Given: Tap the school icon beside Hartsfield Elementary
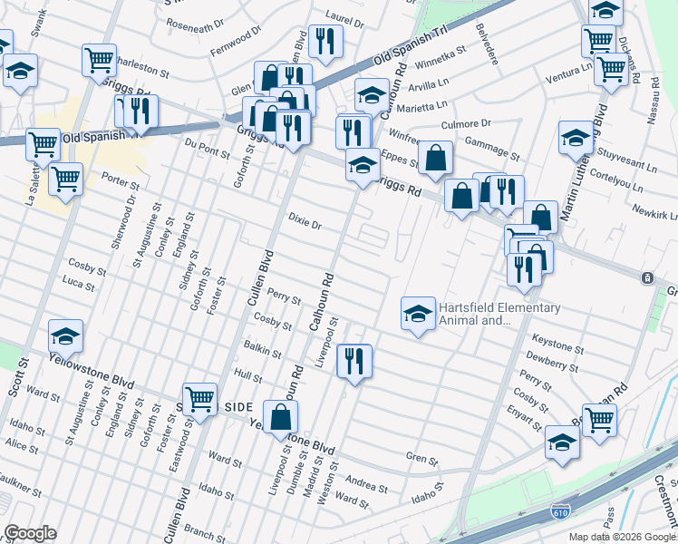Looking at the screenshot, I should point(417,314).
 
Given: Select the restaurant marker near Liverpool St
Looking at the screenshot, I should point(354,361).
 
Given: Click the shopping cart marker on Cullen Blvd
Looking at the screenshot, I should point(200,398).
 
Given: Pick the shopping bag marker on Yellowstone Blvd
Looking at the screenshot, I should point(281,417).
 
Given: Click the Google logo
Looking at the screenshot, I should point(30,532).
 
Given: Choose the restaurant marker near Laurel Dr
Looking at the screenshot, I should point(323,40).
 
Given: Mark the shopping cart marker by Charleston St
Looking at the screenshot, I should point(99,60).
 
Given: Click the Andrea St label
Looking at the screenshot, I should point(367,487).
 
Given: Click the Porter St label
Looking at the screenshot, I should point(118,178).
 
